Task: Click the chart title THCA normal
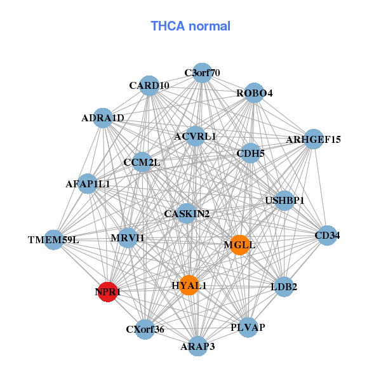coord(190,26)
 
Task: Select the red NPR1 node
coord(109,292)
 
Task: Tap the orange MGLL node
coord(239,244)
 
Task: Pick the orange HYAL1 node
coord(189,285)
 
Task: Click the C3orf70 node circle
coord(202,72)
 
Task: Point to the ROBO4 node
coord(254,93)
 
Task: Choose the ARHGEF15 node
coord(314,139)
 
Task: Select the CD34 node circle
coord(327,235)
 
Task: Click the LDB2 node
coord(283,286)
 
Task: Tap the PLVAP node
coord(248,328)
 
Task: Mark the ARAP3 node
coord(197,346)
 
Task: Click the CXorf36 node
coord(145,330)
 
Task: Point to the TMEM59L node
coord(54,240)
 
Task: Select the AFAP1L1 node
coord(88,184)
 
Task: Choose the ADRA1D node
coord(103,117)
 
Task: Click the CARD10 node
coord(149,86)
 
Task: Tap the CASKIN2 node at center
coord(187,213)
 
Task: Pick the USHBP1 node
coord(284,201)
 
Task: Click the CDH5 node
coord(250,153)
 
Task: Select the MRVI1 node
coord(128,238)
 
